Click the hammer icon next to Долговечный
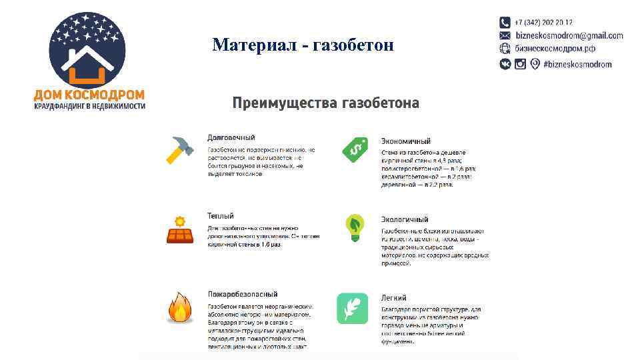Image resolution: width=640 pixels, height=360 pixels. [179, 151]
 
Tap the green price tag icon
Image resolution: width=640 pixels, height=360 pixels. [355, 149]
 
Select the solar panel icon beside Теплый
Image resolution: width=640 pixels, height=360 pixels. [179, 229]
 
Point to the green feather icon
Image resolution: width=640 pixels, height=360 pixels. [352, 308]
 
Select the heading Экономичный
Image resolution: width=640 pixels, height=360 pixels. [405, 141]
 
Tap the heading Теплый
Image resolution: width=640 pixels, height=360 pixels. [220, 216]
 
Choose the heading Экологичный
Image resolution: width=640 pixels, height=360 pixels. [404, 219]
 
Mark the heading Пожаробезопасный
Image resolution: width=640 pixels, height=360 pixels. [242, 294]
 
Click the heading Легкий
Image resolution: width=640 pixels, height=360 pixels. [393, 298]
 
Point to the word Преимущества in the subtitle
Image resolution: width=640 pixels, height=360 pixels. [285, 103]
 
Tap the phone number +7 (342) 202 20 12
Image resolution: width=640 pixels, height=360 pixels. [543, 23]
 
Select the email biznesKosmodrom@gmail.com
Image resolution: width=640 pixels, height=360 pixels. [569, 36]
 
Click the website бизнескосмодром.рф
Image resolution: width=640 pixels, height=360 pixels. [555, 49]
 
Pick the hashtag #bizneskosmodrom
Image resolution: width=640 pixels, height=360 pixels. [577, 64]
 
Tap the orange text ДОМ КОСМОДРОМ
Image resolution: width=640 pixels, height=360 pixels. [89, 95]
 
